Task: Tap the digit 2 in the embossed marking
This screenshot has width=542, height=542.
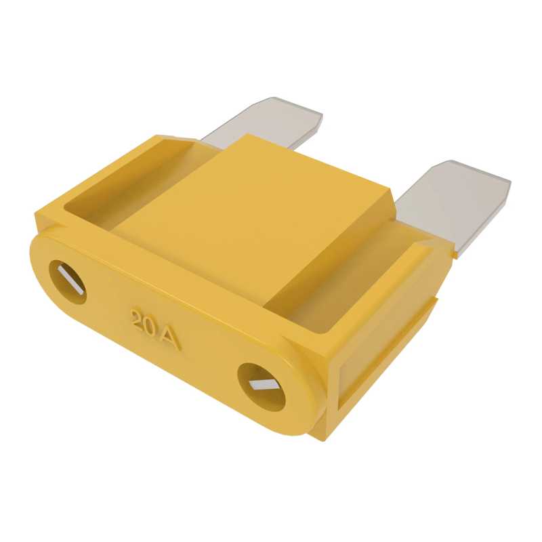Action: coord(138,319)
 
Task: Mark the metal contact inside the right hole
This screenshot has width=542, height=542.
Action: coord(262,384)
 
